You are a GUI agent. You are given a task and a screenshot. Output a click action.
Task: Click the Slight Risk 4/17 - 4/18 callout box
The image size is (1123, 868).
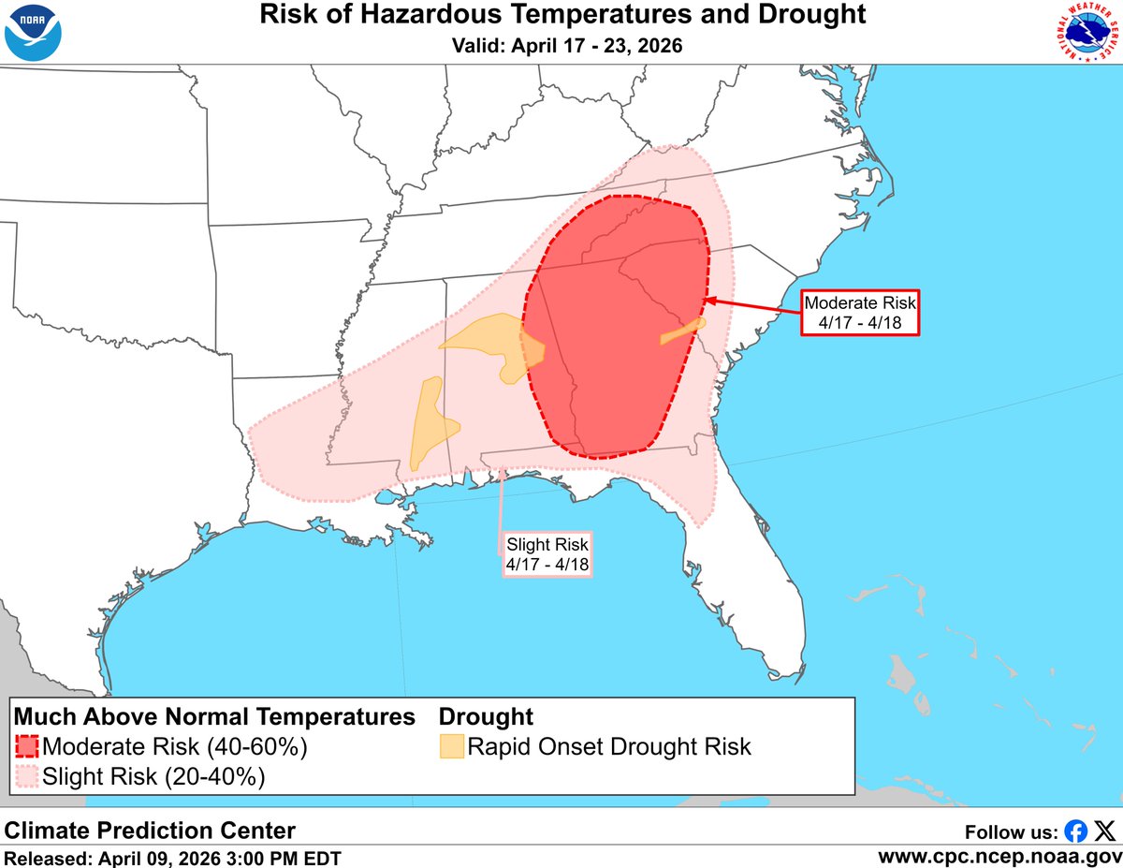click(547, 554)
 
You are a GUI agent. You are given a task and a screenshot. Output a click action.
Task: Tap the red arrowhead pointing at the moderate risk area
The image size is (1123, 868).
click(708, 300)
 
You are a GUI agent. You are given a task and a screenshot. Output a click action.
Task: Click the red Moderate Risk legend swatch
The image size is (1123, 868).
click(27, 746)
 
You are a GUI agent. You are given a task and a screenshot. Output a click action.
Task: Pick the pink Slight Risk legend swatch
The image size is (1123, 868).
click(27, 776)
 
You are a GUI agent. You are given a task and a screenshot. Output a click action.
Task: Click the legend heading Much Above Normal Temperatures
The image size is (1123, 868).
click(214, 717)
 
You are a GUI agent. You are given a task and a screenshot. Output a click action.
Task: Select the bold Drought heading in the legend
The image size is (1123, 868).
click(486, 717)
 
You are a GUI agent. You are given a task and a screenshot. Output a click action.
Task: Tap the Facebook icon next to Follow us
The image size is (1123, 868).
click(1076, 831)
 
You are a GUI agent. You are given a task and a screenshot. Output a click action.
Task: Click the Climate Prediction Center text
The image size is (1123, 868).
click(151, 830)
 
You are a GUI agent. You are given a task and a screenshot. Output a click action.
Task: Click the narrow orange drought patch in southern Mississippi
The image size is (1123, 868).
click(428, 421)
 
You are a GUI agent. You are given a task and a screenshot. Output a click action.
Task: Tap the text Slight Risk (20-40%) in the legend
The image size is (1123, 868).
click(153, 776)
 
